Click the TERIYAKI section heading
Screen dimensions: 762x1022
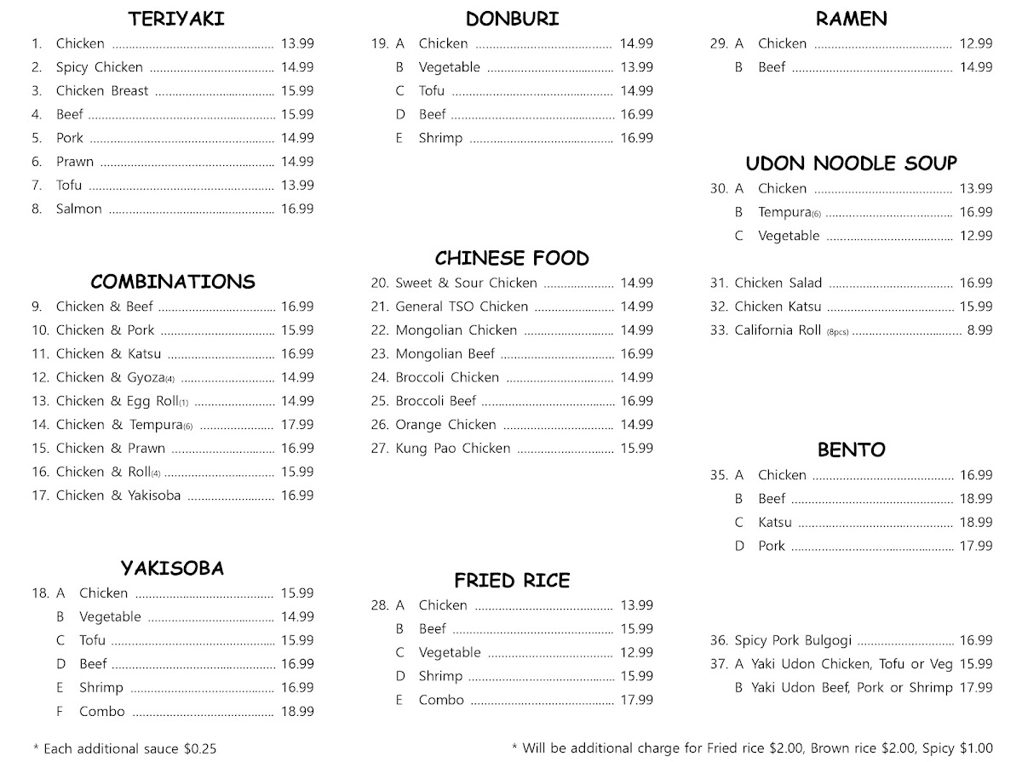tap(176, 19)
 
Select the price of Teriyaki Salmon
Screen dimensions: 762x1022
tap(297, 209)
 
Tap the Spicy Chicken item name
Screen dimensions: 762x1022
tap(100, 67)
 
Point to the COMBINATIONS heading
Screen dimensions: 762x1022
tap(173, 282)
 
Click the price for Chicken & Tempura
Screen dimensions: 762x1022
tap(297, 424)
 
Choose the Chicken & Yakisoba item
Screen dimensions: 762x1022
tap(118, 495)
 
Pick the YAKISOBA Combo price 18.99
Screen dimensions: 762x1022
tap(297, 711)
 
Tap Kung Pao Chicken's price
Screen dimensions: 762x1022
tap(637, 448)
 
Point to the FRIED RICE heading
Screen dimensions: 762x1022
tap(512, 581)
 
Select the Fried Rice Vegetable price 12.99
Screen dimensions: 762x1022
tap(637, 652)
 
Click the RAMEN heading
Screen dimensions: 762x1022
tap(851, 19)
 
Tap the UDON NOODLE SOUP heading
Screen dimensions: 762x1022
tap(852, 163)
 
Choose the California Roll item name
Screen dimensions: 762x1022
tap(778, 330)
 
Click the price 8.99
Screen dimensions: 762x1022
tap(979, 330)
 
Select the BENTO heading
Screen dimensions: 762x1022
tap(852, 450)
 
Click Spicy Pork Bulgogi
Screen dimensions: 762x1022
tap(793, 640)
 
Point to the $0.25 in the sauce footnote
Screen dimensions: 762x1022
tap(200, 749)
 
